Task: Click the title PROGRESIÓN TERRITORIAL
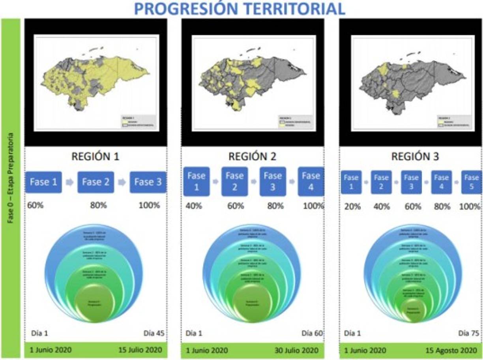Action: point(240,9)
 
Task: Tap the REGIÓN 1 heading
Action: point(95,156)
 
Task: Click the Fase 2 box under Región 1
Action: point(96,182)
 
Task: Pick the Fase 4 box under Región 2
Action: point(311,182)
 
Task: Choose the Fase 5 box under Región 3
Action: point(471,182)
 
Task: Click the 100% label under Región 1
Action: point(149,205)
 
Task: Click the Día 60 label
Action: point(313,334)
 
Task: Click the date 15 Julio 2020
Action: point(140,350)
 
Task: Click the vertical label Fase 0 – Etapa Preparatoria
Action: point(11,178)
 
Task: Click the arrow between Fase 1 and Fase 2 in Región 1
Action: point(69,182)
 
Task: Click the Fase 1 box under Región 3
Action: point(351,182)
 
